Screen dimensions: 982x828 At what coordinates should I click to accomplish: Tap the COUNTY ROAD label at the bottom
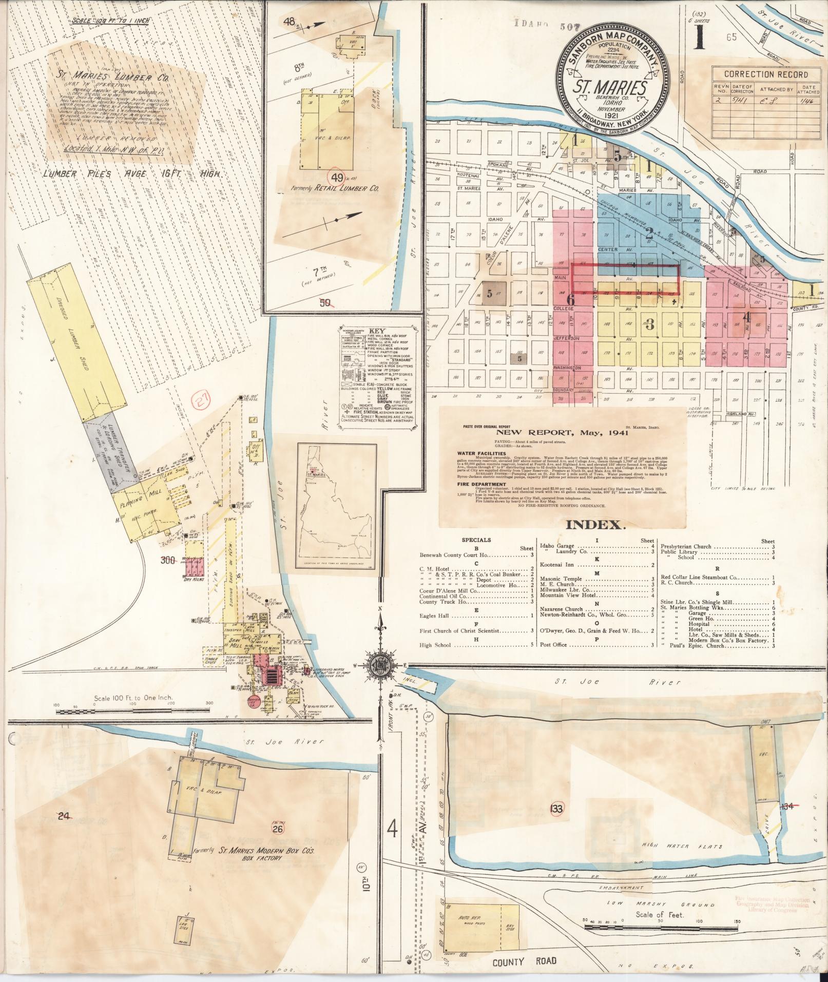coord(525,960)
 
